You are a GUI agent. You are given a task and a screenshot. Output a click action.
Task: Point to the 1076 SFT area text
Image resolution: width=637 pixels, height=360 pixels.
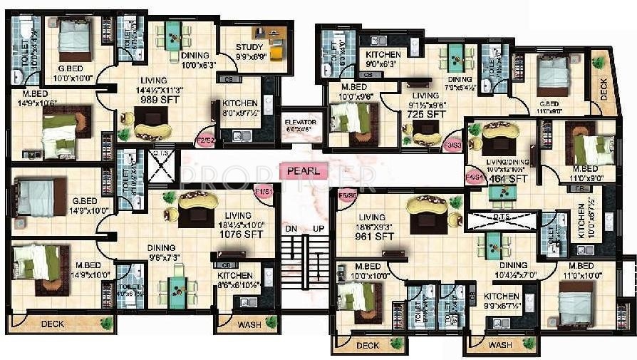(x=243, y=234)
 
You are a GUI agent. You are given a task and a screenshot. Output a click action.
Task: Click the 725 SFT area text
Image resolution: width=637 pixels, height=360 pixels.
(x=426, y=114)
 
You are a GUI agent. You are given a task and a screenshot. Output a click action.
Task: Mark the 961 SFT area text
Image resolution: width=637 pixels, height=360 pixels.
(x=376, y=236)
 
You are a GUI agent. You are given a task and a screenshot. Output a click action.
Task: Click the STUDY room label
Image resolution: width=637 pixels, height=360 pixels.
(x=249, y=48)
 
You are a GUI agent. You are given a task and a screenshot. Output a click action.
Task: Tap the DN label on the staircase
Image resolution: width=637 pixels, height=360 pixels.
(x=290, y=229)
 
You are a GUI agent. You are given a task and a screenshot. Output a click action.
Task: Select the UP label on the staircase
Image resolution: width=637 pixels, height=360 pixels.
(x=318, y=229)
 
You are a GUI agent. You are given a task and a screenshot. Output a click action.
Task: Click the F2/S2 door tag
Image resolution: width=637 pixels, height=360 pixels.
(x=205, y=140)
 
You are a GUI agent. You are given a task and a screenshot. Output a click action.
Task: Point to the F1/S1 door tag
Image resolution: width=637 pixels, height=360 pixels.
(x=264, y=192)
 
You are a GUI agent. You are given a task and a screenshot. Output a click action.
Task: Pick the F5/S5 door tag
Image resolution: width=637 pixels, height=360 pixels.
(x=348, y=195)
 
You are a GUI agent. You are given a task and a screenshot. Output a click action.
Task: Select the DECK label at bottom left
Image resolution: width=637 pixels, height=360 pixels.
(x=52, y=324)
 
